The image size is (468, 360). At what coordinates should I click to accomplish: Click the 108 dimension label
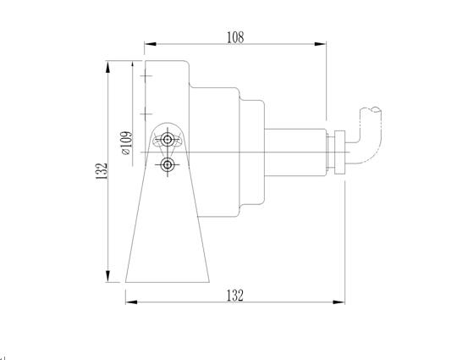235,37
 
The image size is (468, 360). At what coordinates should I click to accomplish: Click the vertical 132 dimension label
102,171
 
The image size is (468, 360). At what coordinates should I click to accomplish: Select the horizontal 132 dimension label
235,296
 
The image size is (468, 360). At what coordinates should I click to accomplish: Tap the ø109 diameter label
127,143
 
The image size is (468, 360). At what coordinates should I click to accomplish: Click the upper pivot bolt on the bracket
168,139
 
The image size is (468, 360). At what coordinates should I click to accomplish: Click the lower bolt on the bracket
168,164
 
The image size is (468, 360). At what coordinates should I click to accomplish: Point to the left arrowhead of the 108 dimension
151,44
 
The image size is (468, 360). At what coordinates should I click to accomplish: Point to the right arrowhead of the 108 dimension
320,44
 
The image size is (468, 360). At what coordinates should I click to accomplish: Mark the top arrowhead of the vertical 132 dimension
108,67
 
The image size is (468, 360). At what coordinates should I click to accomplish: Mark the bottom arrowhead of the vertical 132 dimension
108,276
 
